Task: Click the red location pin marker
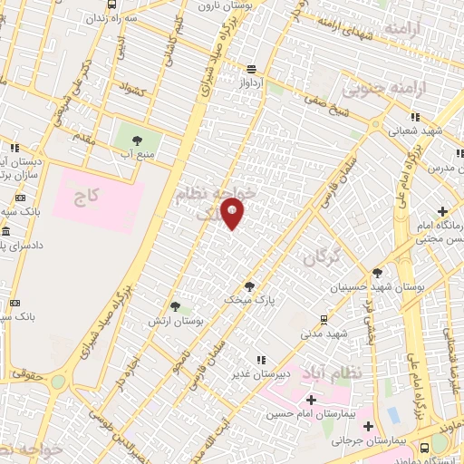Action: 233,215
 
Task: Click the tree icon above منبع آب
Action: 137,140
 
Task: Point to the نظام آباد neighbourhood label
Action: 342,373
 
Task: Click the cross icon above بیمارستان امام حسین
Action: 311,400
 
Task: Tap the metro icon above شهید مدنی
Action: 324,319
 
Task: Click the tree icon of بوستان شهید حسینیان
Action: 378,273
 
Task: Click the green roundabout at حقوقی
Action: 58,382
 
